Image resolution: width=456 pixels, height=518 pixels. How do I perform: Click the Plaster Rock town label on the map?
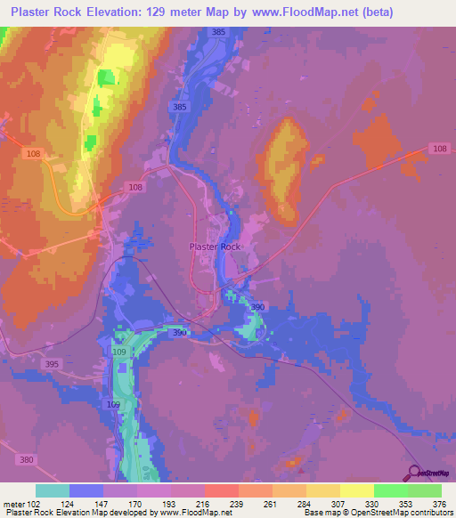tap(215, 247)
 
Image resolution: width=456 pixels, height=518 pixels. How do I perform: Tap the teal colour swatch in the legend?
tap(53, 490)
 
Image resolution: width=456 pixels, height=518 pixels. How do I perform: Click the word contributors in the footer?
tap(427, 513)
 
